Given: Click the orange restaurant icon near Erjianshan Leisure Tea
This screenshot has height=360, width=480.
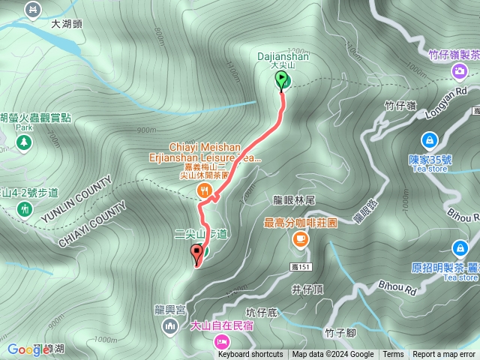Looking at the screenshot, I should coord(202,191).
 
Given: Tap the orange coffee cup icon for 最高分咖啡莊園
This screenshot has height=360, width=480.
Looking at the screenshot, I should coord(300,238).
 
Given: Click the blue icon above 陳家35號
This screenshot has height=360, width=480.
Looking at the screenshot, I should coord(429,139).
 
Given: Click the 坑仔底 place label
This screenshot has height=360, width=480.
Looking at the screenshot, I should coord(262,311).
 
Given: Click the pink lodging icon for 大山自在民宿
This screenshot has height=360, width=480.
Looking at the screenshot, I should coord(223,340).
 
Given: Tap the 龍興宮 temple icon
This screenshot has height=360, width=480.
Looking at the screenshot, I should coord(169,326).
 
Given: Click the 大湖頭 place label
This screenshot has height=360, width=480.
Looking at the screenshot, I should coord(66,24).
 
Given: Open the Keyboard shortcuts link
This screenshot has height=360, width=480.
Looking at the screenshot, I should coord(250,355).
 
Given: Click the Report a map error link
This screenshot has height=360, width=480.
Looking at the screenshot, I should coord(443,355).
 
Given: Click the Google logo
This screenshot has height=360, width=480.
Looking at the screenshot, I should coord(28,349).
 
